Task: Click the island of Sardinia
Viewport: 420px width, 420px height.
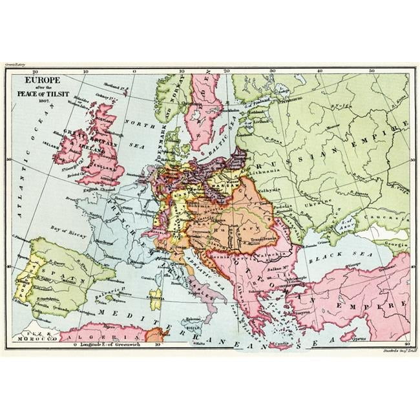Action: click(155, 299)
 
